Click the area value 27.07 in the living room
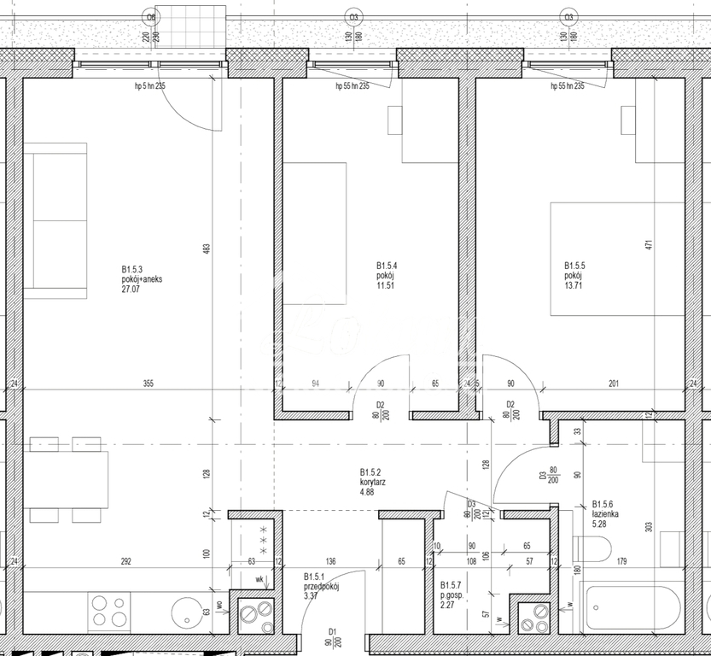click(131, 290)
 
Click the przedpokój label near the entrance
click(323, 587)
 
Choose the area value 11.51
click(388, 286)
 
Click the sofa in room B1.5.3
click(55, 220)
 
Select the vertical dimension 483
click(207, 249)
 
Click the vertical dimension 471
click(648, 244)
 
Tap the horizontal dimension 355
click(148, 384)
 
